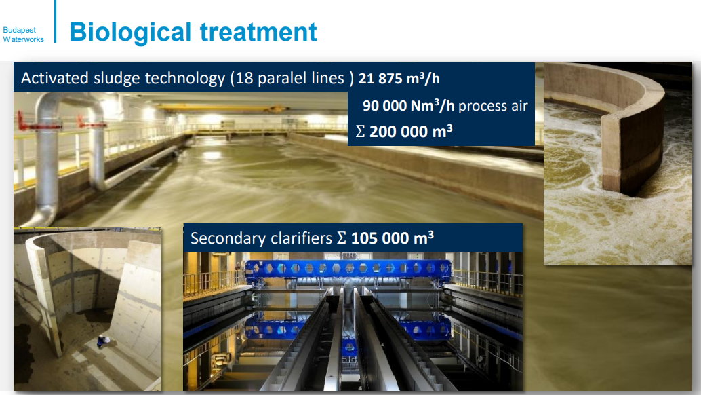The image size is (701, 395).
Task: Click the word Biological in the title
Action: [x=130, y=33]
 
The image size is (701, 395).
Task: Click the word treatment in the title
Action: [x=258, y=32]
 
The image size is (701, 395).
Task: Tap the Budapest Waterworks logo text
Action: [x=23, y=35]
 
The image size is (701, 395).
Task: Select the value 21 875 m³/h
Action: [x=399, y=78]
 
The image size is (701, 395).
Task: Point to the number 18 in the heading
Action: [x=245, y=78]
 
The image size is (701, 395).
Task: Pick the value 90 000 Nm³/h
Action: [x=408, y=106]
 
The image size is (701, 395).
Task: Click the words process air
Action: [x=493, y=107]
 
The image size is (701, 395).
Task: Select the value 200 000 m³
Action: [x=411, y=132]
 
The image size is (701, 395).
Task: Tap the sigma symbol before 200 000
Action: [x=361, y=132]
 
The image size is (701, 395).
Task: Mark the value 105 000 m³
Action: [x=393, y=238]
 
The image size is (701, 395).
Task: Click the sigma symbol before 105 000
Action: [x=342, y=238]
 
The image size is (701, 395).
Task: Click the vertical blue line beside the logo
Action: [x=56, y=22]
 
